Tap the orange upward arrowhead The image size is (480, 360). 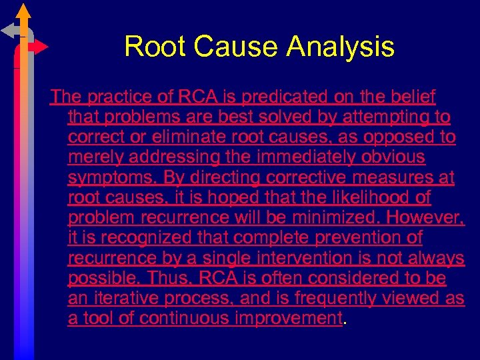[23, 11]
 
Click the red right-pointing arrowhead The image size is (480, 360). [41, 47]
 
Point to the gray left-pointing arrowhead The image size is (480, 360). [9, 30]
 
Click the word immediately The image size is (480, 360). [311, 157]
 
